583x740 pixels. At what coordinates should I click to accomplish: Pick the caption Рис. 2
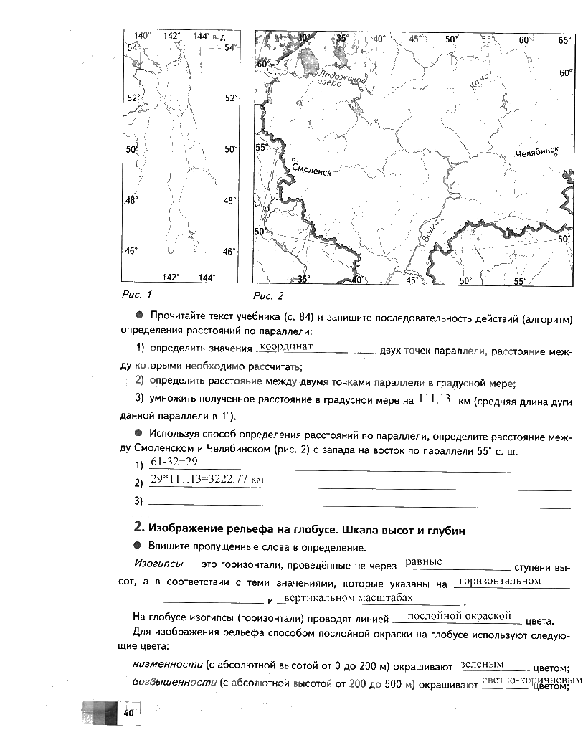(x=268, y=295)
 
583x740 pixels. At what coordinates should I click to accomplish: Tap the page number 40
(x=129, y=712)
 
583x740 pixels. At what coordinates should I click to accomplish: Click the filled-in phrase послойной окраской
(x=458, y=615)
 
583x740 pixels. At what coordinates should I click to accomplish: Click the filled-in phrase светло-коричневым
(x=531, y=680)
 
